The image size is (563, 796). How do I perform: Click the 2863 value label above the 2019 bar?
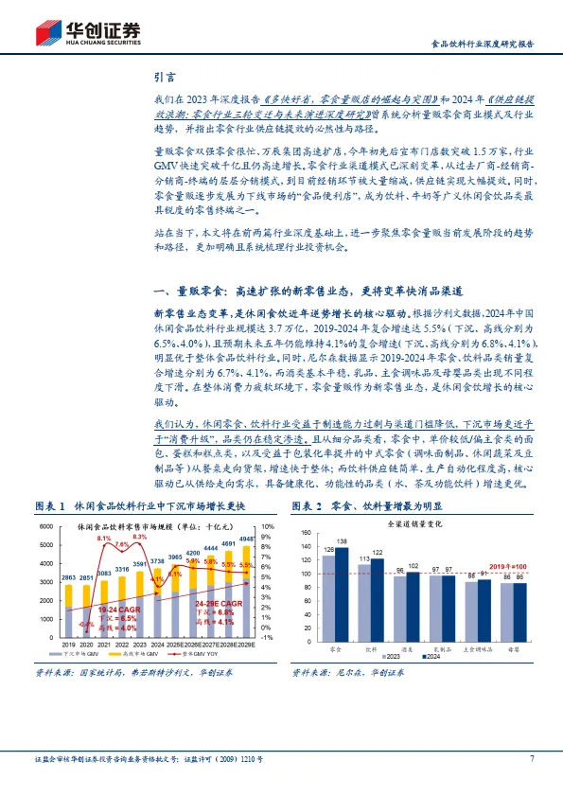(69, 577)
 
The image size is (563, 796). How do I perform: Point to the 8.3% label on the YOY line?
(139, 537)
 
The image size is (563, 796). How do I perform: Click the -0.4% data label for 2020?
(86, 625)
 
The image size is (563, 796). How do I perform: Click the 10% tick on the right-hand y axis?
(269, 526)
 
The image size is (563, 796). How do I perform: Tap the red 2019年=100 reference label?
(509, 565)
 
